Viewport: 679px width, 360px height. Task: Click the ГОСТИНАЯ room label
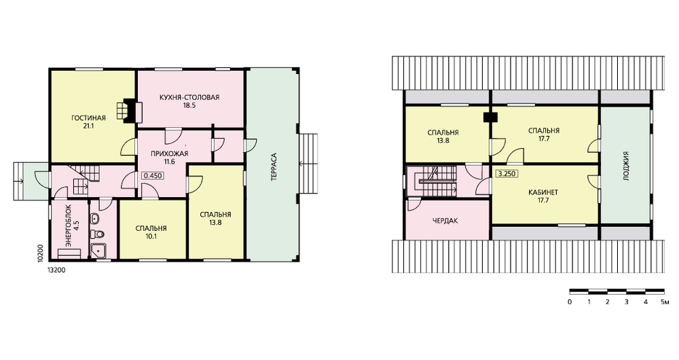pyautogui.click(x=88, y=118)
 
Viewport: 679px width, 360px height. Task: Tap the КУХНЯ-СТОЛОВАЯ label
pyautogui.click(x=189, y=98)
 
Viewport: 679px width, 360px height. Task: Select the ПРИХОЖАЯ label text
pyautogui.click(x=169, y=154)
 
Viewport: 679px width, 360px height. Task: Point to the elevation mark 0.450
pyautogui.click(x=152, y=176)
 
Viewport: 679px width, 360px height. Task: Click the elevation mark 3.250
pyautogui.click(x=507, y=174)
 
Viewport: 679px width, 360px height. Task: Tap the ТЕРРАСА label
pyautogui.click(x=274, y=167)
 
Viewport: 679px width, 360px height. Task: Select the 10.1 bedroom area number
pyautogui.click(x=151, y=236)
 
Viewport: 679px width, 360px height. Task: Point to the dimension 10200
pyautogui.click(x=40, y=253)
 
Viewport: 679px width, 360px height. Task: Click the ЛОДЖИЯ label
pyautogui.click(x=625, y=166)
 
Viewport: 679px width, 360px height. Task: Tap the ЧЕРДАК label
pyautogui.click(x=445, y=221)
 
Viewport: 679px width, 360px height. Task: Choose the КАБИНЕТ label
pyautogui.click(x=543, y=192)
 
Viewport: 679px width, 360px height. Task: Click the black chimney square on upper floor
pyautogui.click(x=491, y=117)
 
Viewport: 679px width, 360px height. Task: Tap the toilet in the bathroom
pyautogui.click(x=97, y=234)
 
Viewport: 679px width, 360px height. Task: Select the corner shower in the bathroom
pyautogui.click(x=98, y=251)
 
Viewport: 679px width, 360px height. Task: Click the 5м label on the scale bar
pyautogui.click(x=665, y=302)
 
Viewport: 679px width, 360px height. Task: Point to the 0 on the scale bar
pyautogui.click(x=570, y=302)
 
